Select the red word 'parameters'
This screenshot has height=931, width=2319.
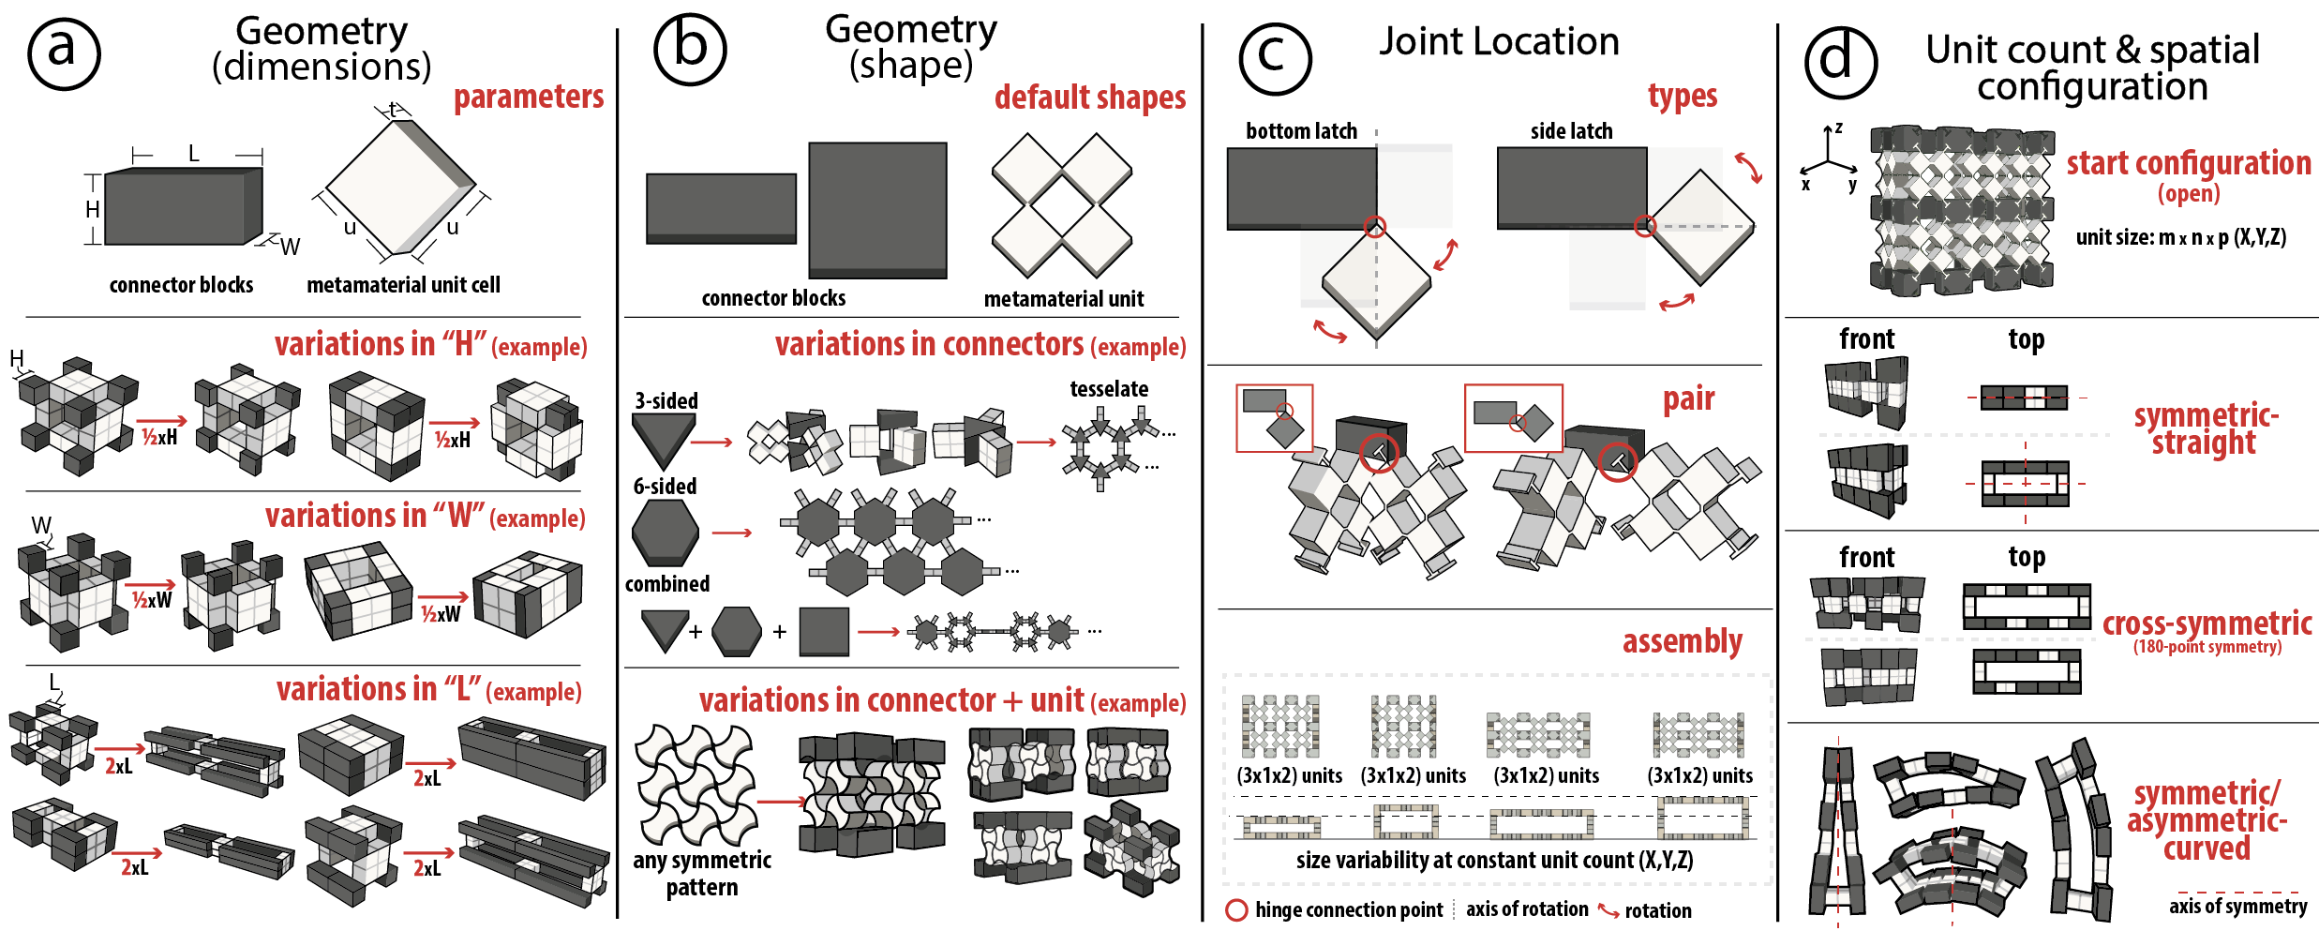click(x=529, y=97)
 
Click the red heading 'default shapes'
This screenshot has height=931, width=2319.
click(x=1090, y=98)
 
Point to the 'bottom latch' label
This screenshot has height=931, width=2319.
click(x=1301, y=131)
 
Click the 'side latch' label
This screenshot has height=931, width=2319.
click(x=1571, y=131)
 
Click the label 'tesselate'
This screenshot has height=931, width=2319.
click(x=1109, y=389)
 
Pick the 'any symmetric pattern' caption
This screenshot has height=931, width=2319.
click(x=702, y=873)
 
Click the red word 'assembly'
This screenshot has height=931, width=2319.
click(x=1682, y=641)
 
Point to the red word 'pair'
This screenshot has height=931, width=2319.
click(x=1688, y=399)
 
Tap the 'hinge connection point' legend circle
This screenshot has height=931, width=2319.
click(x=1236, y=909)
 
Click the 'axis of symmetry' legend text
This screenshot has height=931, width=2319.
click(x=2237, y=906)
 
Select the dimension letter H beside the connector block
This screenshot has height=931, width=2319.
click(x=93, y=209)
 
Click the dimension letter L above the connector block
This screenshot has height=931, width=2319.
click(x=194, y=153)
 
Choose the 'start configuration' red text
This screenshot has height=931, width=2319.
click(x=2189, y=163)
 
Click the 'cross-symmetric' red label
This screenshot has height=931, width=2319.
click(x=2207, y=623)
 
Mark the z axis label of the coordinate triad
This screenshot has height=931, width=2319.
click(x=1838, y=128)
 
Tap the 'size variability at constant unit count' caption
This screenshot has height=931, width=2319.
click(x=1494, y=860)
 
